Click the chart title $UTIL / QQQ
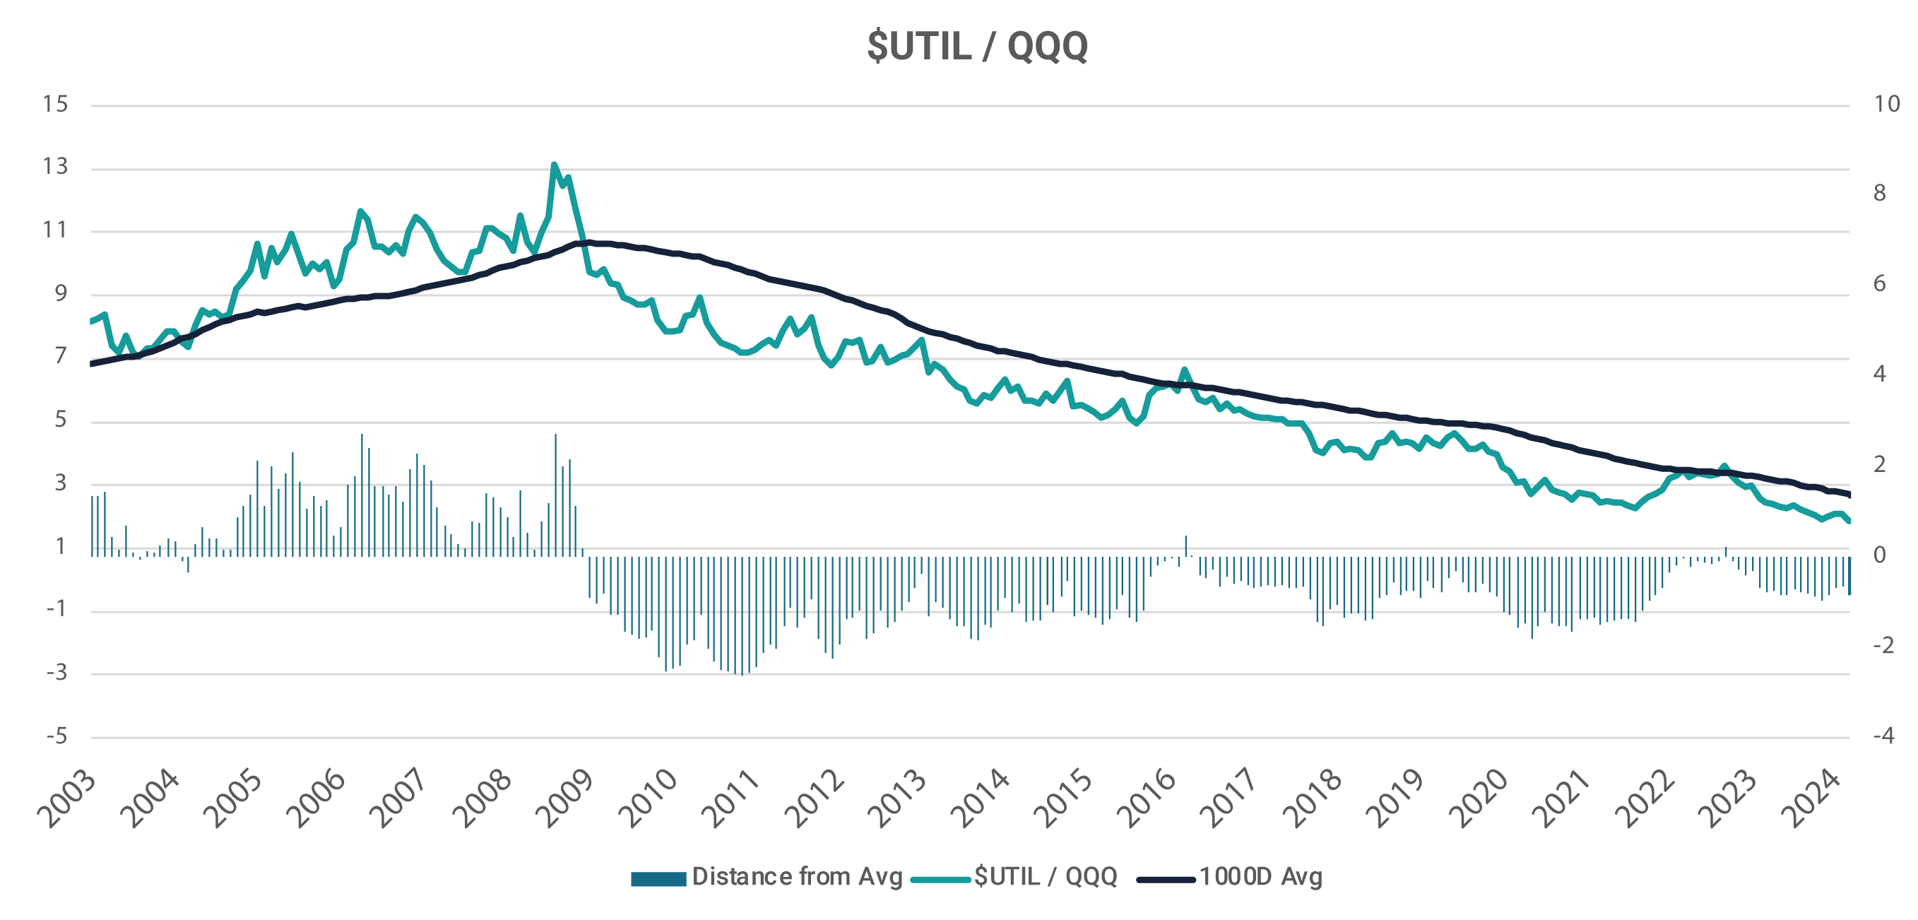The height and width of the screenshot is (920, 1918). coord(977,46)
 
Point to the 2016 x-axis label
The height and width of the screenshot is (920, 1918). coord(1149,798)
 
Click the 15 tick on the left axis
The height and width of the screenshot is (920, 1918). coord(55,105)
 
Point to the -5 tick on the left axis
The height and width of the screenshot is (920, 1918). coord(57,737)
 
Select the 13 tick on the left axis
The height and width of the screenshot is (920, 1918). coord(55,167)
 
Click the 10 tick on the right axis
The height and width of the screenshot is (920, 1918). coord(1887,105)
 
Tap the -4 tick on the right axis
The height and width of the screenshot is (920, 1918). coord(1884,736)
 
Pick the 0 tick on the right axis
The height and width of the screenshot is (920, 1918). coord(1879,555)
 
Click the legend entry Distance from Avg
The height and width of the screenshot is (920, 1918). coord(767,877)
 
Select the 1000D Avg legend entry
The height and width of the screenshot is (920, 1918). coord(1230,877)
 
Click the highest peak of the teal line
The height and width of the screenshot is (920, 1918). coord(554,165)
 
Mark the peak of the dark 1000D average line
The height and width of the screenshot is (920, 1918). coord(588,242)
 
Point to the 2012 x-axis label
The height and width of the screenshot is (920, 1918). coord(816,798)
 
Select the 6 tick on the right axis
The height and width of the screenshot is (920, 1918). coord(1879,284)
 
